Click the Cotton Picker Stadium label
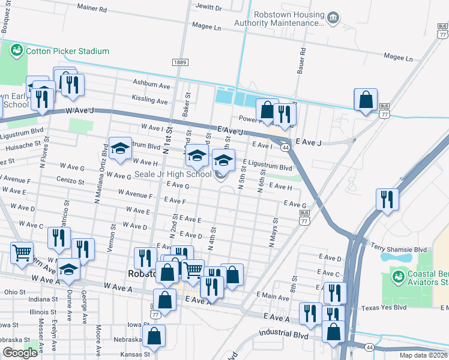point(67,51)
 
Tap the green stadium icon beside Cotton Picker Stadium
point(17,50)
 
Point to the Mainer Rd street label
point(92,10)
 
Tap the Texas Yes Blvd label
point(384,308)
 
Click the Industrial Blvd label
point(284,334)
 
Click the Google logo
point(20,352)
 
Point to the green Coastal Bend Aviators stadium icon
point(397,277)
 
